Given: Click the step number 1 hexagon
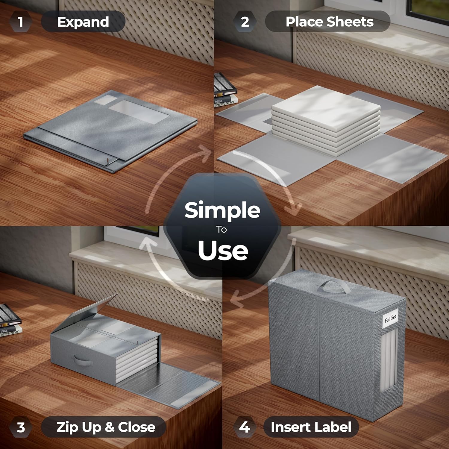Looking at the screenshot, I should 20,22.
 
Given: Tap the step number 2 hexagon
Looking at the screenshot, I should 245,22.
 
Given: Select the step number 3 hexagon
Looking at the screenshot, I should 21,427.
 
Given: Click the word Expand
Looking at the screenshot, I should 83,22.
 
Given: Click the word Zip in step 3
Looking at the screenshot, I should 68,427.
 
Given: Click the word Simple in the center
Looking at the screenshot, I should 222,210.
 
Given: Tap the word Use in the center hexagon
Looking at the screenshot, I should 223,250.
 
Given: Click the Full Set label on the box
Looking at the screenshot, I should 390,318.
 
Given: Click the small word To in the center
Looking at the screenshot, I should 222,230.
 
